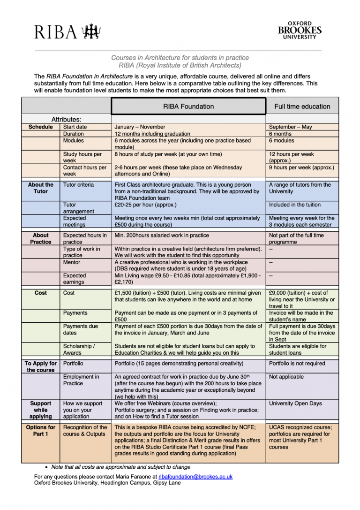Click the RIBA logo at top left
pos(67,31)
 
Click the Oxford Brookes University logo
pos(300,30)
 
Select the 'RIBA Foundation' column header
pos(188,107)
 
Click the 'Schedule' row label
pos(41,127)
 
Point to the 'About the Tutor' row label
pos(41,188)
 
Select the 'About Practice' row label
pos(41,239)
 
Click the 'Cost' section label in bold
pos(41,293)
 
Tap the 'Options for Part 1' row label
pos(41,431)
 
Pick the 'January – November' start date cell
pos(140,127)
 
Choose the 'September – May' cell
pos(290,127)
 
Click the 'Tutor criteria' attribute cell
pos(78,185)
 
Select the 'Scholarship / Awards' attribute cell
pos(79,350)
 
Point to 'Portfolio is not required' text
pos(298,364)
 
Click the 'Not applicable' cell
pos(286,377)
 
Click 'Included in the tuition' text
pos(295,205)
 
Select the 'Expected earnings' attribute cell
pos(75,279)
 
